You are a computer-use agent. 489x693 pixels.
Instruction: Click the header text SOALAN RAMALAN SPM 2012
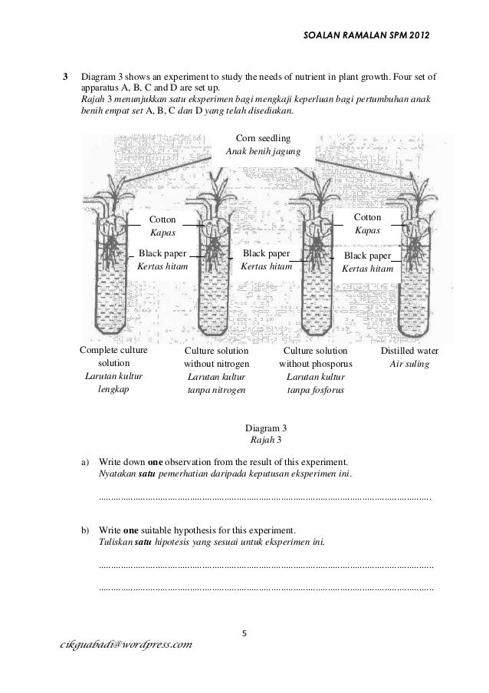tap(367, 35)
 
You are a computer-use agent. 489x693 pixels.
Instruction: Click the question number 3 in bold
tap(65, 78)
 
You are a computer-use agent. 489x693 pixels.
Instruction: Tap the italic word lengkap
tap(113, 390)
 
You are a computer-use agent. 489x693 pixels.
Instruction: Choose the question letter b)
tap(86, 530)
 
